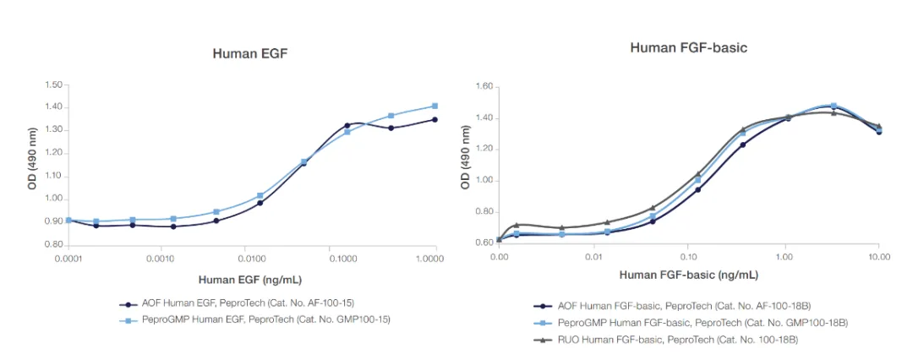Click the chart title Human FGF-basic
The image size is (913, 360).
pyautogui.click(x=688, y=47)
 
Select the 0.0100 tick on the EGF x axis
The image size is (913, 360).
pyautogui.click(x=252, y=256)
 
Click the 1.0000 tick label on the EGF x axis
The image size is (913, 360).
pyautogui.click(x=435, y=256)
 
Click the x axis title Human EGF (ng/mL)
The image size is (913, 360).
pyautogui.click(x=251, y=279)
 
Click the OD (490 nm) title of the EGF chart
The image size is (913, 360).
pyautogui.click(x=32, y=164)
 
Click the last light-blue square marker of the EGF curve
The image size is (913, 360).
pyautogui.click(x=435, y=106)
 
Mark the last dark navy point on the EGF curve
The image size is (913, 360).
pyautogui.click(x=435, y=119)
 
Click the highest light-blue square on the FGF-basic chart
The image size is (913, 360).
pyautogui.click(x=834, y=106)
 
